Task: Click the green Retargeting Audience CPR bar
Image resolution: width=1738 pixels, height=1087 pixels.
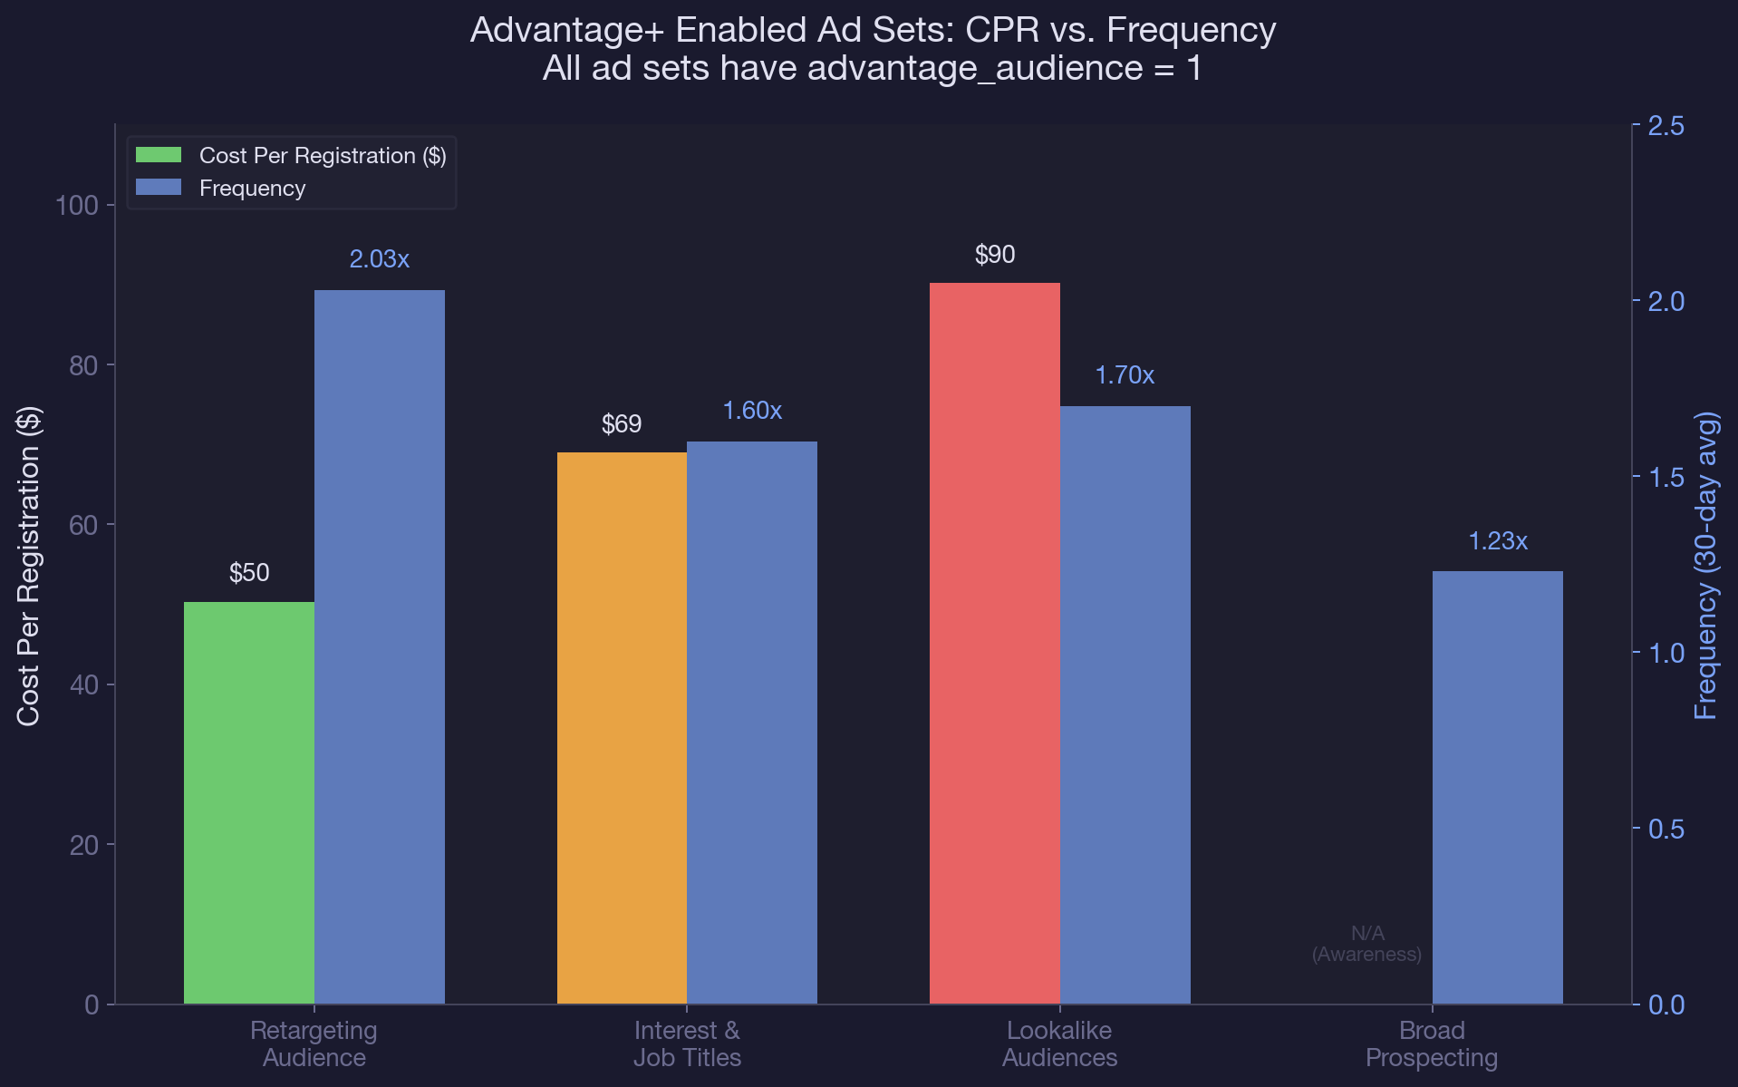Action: click(x=248, y=802)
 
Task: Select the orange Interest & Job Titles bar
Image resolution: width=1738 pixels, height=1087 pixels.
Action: click(x=622, y=728)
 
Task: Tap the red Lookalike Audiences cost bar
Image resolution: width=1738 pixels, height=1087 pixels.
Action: click(x=994, y=643)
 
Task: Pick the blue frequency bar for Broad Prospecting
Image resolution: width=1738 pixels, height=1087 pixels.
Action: click(x=1497, y=787)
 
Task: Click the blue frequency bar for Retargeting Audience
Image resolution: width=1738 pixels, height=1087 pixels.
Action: click(x=379, y=646)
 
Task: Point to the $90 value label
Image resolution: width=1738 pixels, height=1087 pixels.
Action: click(x=994, y=255)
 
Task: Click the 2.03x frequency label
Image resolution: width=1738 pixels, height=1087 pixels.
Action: click(x=379, y=259)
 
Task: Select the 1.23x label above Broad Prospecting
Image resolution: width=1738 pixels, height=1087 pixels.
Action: click(x=1497, y=541)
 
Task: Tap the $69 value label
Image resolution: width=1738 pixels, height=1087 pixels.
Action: click(x=622, y=424)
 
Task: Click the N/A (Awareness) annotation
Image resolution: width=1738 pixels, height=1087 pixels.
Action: click(x=1366, y=944)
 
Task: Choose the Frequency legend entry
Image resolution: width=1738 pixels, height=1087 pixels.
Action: click(x=251, y=189)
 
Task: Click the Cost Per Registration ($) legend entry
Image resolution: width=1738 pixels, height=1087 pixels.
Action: click(x=322, y=156)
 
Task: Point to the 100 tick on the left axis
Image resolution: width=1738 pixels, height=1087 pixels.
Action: click(x=77, y=206)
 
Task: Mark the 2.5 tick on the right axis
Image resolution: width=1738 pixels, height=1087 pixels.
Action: click(x=1666, y=126)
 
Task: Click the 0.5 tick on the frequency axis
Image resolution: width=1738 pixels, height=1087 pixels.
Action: click(x=1666, y=830)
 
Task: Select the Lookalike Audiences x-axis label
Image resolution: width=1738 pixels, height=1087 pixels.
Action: click(x=1059, y=1043)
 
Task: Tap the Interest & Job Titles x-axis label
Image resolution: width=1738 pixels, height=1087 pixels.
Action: click(x=687, y=1043)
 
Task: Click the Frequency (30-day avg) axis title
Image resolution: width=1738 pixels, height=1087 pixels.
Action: click(x=1705, y=566)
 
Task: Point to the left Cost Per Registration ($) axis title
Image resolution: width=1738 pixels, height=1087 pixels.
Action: click(x=29, y=566)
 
